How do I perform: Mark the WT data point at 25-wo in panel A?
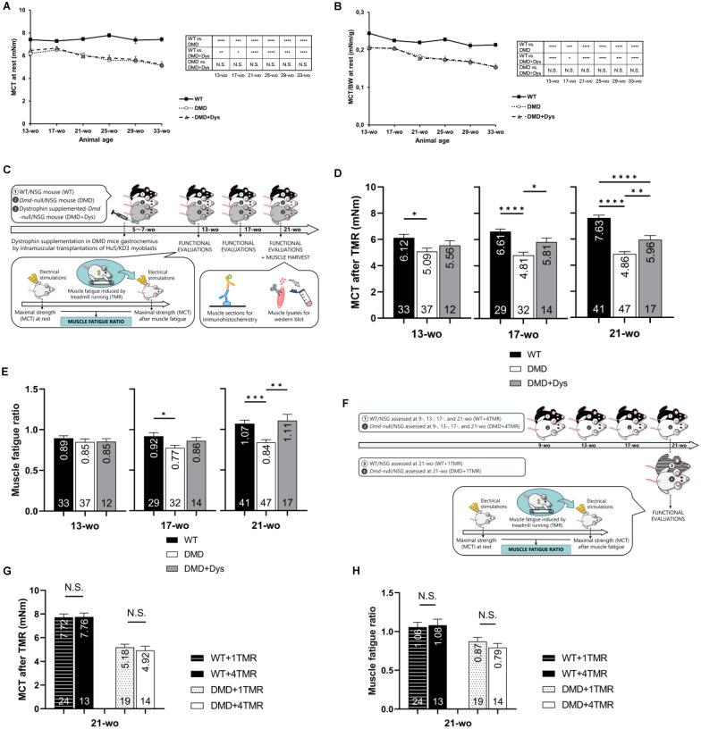pyautogui.click(x=108, y=36)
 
